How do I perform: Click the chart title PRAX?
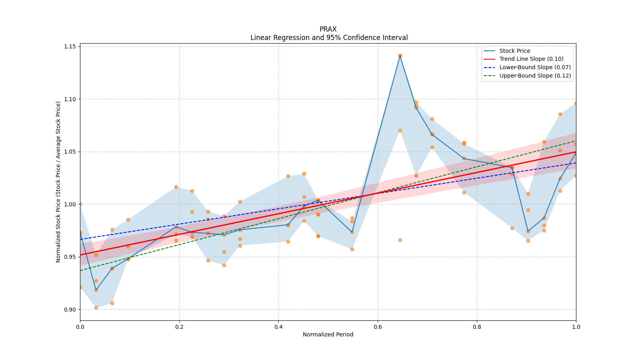[x=328, y=29]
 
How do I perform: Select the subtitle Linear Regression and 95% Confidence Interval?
[x=329, y=38]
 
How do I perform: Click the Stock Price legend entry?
[x=514, y=51]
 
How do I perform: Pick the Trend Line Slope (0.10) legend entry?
[x=531, y=59]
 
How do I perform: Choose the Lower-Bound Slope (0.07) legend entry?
[x=535, y=68]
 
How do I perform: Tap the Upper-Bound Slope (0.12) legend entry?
[x=535, y=76]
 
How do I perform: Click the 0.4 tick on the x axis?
[x=278, y=327]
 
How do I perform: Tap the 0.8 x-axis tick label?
[x=477, y=327]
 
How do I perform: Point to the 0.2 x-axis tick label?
[x=179, y=327]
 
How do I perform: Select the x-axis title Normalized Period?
[x=328, y=334]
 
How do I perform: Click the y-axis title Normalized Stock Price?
[x=58, y=182]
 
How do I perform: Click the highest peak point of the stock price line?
[x=400, y=56]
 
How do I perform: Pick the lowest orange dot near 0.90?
[x=96, y=308]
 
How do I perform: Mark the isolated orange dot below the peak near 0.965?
[x=400, y=240]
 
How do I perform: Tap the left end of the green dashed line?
[x=80, y=270]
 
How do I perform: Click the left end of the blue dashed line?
[x=80, y=239]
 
